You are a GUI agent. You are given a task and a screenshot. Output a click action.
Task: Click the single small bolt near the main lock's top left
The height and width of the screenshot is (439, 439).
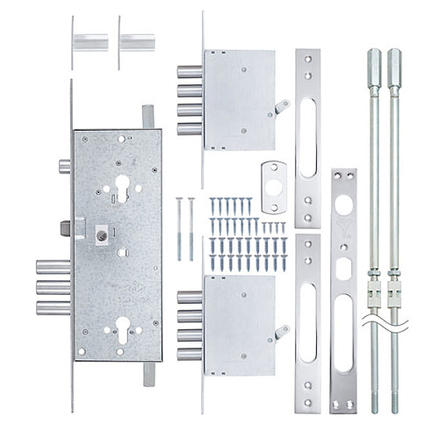click(64, 166)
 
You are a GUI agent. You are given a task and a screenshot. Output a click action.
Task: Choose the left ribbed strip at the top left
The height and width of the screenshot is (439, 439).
click(91, 42)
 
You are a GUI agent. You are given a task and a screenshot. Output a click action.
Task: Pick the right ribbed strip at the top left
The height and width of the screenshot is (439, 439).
click(137, 42)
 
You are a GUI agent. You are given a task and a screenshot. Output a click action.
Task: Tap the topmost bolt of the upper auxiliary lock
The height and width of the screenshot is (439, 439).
click(189, 72)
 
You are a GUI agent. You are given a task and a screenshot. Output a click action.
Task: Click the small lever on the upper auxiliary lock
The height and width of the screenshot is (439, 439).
click(281, 107)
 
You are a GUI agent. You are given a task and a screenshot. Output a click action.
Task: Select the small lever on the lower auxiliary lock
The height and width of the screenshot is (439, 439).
click(281, 331)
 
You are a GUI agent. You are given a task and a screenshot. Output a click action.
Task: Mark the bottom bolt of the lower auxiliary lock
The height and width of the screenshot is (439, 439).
click(189, 355)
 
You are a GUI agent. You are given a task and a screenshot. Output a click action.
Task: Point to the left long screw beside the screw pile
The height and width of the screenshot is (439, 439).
click(179, 227)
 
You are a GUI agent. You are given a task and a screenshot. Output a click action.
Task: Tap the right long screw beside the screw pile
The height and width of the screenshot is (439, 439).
click(191, 227)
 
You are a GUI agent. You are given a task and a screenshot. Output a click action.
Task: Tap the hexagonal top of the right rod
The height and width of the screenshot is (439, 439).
click(394, 63)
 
